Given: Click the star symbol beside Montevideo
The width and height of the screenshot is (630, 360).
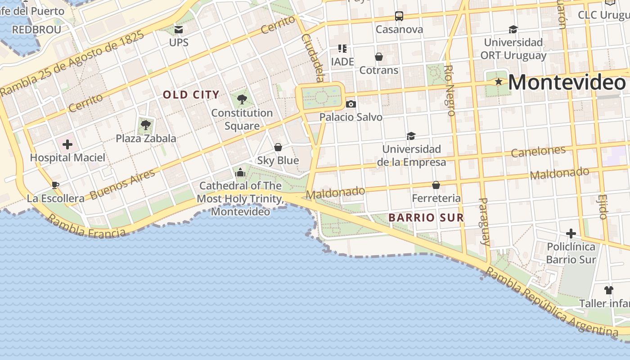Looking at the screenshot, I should point(499,82).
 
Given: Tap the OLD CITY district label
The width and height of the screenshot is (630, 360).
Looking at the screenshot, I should point(191,95).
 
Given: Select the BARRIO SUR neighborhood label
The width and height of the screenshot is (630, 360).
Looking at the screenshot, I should point(426,218).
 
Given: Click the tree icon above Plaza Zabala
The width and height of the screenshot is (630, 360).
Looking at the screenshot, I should point(145,125).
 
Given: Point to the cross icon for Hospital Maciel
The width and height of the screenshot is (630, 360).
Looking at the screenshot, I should point(67,144).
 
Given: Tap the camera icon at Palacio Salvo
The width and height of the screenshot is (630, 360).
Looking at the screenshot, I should point(351,104).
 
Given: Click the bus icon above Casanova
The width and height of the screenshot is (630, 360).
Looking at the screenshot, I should point(399,16).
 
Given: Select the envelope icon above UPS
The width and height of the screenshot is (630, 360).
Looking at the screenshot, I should point(179,30).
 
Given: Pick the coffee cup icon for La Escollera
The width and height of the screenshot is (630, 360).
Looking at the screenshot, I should point(55,185).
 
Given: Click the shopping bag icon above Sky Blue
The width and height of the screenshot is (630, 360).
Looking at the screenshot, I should point(278,147).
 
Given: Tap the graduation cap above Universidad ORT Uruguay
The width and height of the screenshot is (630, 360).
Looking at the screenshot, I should point(513,30).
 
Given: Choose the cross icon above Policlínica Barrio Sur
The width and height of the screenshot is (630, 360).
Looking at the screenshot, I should point(571,234).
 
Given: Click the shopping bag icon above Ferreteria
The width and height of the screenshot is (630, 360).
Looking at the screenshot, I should point(436,185).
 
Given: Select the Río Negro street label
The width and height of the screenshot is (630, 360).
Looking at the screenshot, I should point(450,90).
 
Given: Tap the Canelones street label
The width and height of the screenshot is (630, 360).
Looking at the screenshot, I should point(538,152).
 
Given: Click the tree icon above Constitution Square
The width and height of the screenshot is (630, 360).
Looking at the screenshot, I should point(242,99).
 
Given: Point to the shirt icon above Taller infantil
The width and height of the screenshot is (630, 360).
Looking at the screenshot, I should point(608,290).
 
